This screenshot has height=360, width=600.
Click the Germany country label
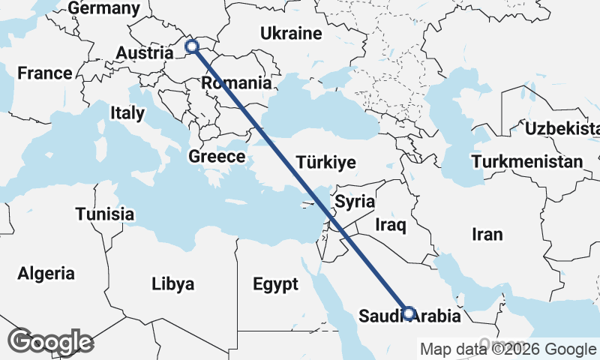click(103, 8)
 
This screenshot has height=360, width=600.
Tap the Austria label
click(145, 53)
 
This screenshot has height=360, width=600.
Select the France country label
click(45, 73)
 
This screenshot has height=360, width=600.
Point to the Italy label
click(127, 113)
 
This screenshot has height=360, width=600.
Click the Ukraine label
click(291, 34)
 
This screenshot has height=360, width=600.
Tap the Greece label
click(217, 157)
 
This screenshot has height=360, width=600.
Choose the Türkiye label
click(325, 162)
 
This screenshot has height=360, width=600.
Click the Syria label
click(355, 201)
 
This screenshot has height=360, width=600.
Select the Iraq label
click(391, 224)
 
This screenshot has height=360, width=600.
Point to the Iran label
click(487, 235)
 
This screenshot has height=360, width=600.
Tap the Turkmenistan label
click(527, 161)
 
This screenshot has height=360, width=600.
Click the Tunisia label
click(104, 214)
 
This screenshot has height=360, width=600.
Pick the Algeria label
click(46, 273)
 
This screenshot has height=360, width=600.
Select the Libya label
click(172, 284)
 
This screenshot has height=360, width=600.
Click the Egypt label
click(275, 284)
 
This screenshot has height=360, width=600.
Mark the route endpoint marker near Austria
click(192, 47)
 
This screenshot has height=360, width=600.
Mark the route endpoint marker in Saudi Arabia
click(409, 313)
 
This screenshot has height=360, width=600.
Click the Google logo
click(51, 342)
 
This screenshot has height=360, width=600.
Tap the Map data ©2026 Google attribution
click(508, 349)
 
